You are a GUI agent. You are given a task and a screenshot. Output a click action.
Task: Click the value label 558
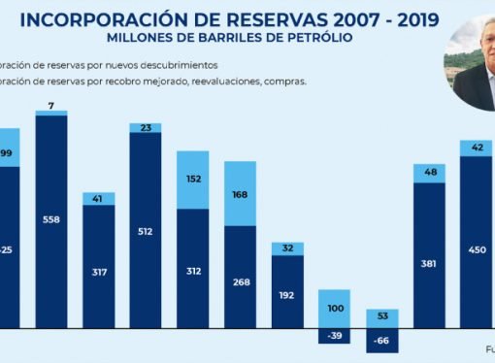click(50, 220)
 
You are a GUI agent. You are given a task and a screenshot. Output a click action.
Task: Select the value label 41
click(98, 198)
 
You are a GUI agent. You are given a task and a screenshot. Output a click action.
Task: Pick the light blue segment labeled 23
click(145, 127)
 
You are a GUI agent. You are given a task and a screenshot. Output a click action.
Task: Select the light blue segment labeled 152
click(192, 180)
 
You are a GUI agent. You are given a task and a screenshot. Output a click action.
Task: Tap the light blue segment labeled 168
click(240, 193)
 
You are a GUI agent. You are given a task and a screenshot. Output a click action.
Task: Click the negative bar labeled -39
click(334, 337)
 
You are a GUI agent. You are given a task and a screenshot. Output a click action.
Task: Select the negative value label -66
click(381, 343)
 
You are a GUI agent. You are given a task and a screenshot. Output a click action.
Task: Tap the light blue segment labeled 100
click(334, 308)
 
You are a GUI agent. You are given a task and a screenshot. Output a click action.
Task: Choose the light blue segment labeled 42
click(477, 148)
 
